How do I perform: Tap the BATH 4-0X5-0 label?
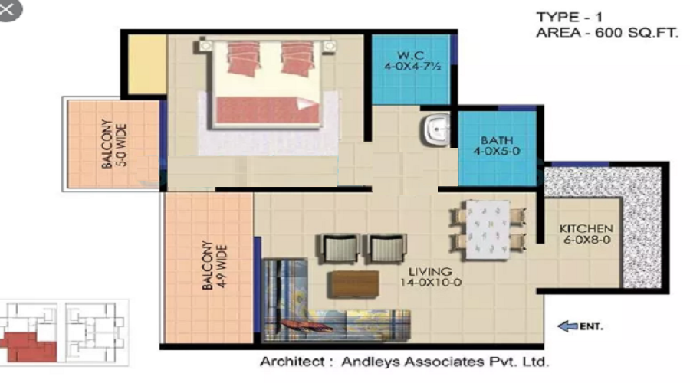click(491, 146)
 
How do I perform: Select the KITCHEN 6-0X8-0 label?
click(586, 234)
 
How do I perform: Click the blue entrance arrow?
click(567, 327)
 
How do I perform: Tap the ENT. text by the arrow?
click(591, 327)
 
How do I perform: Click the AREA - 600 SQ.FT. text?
click(606, 33)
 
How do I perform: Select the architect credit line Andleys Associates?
click(404, 362)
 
